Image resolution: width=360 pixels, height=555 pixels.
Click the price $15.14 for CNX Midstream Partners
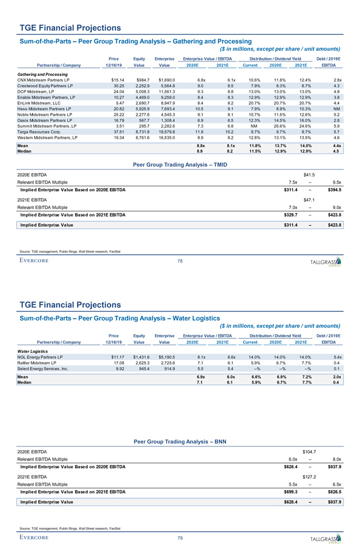[x=110, y=79]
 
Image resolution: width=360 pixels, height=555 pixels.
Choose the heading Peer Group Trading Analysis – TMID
[x=180, y=164]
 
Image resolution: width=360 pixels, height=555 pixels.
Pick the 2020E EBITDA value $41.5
[x=309, y=174]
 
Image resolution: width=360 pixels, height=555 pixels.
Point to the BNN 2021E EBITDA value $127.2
[x=309, y=476]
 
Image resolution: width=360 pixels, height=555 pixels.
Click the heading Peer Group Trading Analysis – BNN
[x=180, y=441]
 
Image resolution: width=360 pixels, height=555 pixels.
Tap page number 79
[x=180, y=538]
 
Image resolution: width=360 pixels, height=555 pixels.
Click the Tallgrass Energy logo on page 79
[x=326, y=538]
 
